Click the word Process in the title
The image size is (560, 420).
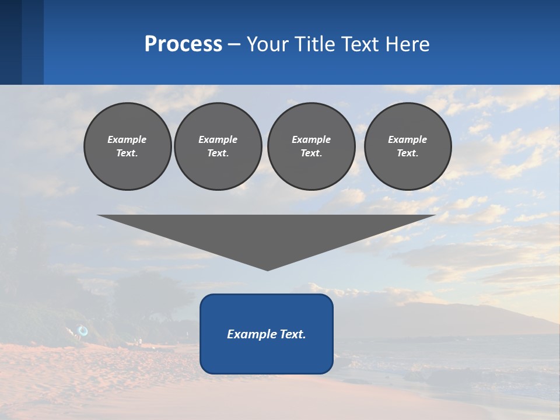(x=183, y=44)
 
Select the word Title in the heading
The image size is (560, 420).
(x=317, y=44)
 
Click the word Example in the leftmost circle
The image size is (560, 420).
(x=127, y=139)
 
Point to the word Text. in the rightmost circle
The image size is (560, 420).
(x=407, y=153)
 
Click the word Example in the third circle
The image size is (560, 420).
(x=311, y=139)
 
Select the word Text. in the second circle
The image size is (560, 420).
(x=218, y=153)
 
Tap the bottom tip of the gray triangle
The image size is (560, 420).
(x=267, y=269)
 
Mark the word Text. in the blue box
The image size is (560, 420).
(x=293, y=334)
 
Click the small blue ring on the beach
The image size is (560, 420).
(x=83, y=331)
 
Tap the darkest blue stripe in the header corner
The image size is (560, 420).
(x=10, y=42)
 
